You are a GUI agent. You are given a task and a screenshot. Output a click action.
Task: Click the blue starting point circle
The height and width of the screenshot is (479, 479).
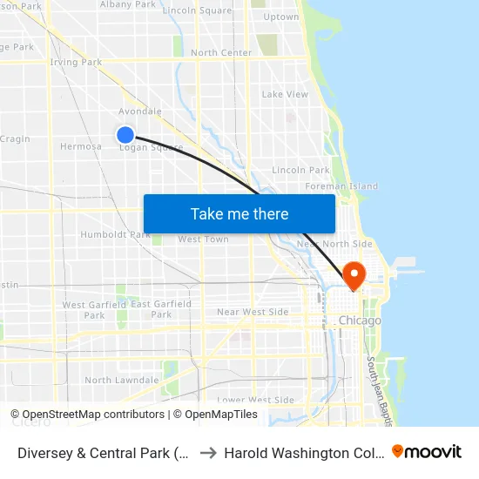(x=125, y=134)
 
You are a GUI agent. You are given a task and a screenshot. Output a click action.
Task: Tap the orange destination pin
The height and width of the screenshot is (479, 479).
(x=354, y=275)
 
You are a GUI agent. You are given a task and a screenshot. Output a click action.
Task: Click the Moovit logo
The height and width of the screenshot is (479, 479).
(x=427, y=452)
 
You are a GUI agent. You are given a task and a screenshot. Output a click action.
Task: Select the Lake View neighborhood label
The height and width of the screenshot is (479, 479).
(x=285, y=94)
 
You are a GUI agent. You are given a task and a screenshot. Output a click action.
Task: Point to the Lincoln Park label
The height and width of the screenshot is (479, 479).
(x=300, y=170)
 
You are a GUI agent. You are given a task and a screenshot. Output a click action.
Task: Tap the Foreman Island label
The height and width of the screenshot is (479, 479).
(x=341, y=186)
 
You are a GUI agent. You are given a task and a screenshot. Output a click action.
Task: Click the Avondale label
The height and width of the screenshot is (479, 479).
(x=140, y=111)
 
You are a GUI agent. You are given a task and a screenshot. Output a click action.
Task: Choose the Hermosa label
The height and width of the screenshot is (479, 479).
(x=81, y=146)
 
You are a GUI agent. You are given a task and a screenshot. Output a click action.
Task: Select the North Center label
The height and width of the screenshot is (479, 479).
(x=221, y=53)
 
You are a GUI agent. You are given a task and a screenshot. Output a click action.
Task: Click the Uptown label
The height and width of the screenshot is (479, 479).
(x=280, y=17)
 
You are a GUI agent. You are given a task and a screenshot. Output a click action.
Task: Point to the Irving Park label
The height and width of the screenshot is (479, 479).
(x=77, y=63)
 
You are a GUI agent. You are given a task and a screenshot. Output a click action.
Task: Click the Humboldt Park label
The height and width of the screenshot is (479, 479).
(x=115, y=235)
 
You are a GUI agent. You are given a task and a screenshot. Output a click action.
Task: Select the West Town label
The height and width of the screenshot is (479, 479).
(x=203, y=239)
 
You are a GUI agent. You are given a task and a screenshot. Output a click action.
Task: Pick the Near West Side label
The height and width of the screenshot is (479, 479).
(x=253, y=312)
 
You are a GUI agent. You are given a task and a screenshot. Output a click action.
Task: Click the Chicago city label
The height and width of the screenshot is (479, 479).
(x=360, y=321)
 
